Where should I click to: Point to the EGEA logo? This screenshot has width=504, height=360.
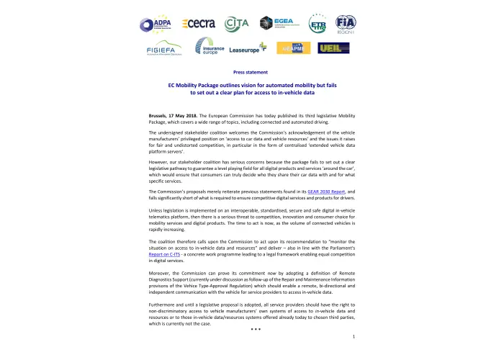pyautogui.click(x=276, y=24)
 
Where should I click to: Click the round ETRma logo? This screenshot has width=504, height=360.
pyautogui.click(x=318, y=24)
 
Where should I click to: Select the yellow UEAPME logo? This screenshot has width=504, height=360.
pyautogui.click(x=295, y=48)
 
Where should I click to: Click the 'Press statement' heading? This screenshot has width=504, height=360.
pyautogui.click(x=251, y=73)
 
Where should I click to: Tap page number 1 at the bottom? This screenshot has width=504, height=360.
pyautogui.click(x=354, y=336)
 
